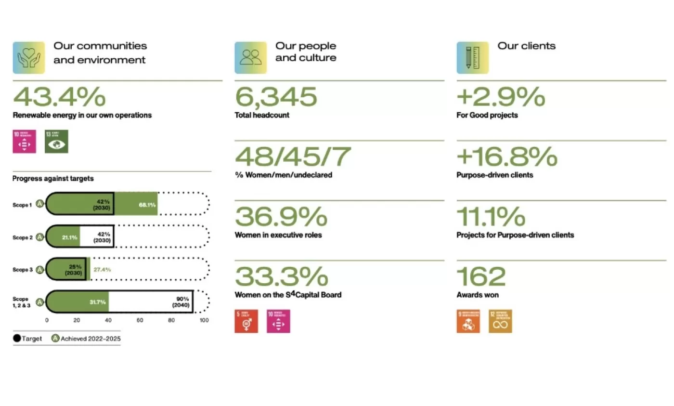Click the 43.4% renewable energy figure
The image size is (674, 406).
tap(59, 97)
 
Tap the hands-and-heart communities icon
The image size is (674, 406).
tap(29, 58)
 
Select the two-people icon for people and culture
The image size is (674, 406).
tap(250, 58)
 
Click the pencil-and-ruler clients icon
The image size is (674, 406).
tap(472, 58)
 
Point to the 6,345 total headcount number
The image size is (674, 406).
tap(276, 97)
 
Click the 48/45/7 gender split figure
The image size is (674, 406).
tap(293, 157)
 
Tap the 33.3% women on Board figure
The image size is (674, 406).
tap(281, 276)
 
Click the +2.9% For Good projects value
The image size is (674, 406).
tap(501, 97)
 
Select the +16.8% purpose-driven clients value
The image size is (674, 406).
tap(506, 157)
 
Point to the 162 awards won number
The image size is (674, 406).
tap(481, 276)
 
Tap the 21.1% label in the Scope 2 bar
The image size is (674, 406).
tap(70, 237)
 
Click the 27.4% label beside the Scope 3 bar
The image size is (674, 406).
tap(102, 270)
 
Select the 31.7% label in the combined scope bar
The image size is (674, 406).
tap(98, 302)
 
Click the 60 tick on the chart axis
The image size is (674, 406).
tap(140, 320)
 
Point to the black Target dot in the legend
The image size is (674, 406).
tap(17, 339)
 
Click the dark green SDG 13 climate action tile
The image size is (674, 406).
tap(56, 142)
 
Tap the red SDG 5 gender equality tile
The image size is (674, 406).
tap(246, 321)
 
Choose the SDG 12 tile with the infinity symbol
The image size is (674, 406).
tap(500, 321)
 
